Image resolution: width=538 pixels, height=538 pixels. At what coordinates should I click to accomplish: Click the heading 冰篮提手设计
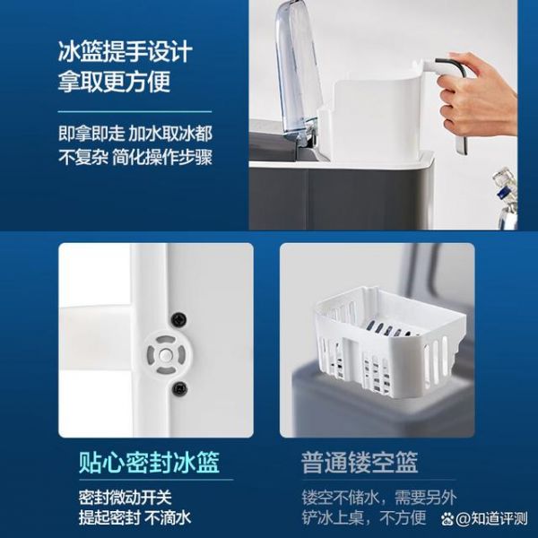pos(125,51)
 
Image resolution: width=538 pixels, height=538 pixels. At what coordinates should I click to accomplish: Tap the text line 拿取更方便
pos(114,82)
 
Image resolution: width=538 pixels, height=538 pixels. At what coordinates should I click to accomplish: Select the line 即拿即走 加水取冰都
pos(135,134)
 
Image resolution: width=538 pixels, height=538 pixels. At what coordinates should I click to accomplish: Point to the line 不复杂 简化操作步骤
pos(135,158)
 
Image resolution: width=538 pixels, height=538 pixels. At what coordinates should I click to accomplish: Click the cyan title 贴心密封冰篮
pos(149,463)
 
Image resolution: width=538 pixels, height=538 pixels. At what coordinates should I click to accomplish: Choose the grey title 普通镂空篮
pos(360,463)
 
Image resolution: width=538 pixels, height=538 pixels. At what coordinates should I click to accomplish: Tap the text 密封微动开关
pos(125,498)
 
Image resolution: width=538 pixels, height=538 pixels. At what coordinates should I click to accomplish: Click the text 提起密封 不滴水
pos(134,517)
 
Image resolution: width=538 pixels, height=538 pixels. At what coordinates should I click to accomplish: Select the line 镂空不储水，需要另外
pos(379,498)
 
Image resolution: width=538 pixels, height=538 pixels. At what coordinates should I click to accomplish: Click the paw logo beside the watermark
pos(447,519)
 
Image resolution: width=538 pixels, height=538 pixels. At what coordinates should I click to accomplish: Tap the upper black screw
pos(178,319)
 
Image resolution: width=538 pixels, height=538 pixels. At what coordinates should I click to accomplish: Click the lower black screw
pos(179,388)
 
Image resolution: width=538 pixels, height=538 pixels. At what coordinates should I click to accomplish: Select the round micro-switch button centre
pos(166,355)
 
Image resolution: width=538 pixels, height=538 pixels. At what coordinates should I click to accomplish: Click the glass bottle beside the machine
pos(506,198)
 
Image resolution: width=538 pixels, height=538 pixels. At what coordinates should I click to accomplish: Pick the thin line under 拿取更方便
pos(134,111)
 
